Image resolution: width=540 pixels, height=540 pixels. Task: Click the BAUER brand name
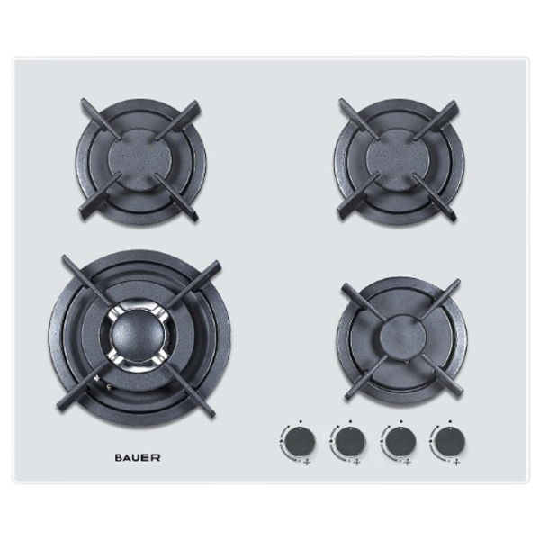tap(137, 458)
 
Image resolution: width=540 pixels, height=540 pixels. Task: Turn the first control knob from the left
tap(301, 442)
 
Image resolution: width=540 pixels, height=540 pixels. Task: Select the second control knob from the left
tap(350, 442)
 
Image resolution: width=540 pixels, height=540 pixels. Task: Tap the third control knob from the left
tap(400, 442)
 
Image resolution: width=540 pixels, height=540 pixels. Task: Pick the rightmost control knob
tap(450, 442)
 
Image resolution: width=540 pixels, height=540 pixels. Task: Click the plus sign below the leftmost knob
tap(307, 463)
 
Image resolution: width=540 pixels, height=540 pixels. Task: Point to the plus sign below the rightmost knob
tap(456, 463)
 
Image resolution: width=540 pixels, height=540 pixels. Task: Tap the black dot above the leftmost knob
tap(301, 421)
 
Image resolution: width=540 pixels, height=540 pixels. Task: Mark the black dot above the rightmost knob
tap(450, 421)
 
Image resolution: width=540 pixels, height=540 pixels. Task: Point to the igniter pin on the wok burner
tap(110, 387)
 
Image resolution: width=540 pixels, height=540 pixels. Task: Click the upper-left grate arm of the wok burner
tap(86, 280)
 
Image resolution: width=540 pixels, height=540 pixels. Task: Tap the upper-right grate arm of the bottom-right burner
tap(440, 299)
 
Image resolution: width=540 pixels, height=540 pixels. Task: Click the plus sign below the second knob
tap(356, 463)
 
